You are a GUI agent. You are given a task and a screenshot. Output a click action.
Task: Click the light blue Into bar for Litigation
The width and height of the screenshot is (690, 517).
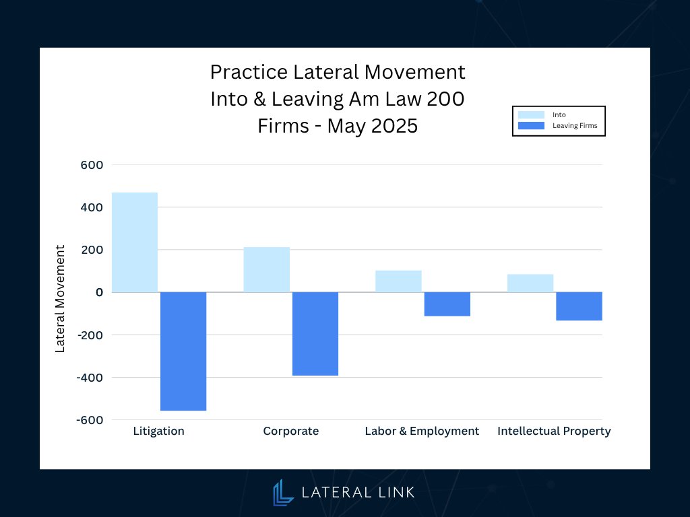pos(135,242)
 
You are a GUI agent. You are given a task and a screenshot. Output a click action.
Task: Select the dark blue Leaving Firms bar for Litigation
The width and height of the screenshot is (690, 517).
pos(183,351)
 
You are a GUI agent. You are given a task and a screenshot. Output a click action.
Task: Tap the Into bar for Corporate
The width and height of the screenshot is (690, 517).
pos(267,269)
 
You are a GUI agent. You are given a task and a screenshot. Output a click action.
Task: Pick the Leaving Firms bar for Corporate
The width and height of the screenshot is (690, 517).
pos(315,333)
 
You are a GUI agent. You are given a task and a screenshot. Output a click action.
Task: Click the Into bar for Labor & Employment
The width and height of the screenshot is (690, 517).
pos(398,281)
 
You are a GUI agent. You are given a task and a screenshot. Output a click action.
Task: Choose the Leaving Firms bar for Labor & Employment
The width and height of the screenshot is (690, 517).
pos(447,304)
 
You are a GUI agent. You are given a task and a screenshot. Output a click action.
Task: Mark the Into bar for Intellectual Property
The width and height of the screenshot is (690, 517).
pos(530,283)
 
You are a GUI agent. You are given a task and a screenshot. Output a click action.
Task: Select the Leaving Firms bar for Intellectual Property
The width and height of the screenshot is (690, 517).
pos(579,306)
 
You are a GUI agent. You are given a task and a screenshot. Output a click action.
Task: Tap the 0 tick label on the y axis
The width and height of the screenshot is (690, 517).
pos(98,292)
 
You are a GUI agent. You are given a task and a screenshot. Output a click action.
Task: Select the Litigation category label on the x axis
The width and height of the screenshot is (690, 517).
pos(158,431)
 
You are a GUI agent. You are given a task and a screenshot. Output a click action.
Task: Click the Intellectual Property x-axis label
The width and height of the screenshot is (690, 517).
pos(554,431)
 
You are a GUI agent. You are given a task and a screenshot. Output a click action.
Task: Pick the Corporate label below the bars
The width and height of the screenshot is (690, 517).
pos(290,431)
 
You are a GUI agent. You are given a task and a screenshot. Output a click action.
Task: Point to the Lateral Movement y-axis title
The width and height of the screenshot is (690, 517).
pos(60,298)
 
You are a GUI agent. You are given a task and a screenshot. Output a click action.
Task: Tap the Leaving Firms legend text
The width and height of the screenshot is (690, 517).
pos(574,125)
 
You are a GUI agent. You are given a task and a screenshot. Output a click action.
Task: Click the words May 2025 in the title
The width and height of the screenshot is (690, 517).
pos(373,126)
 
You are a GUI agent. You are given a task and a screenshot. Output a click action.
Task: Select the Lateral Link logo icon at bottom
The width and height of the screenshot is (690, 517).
pos(283,492)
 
